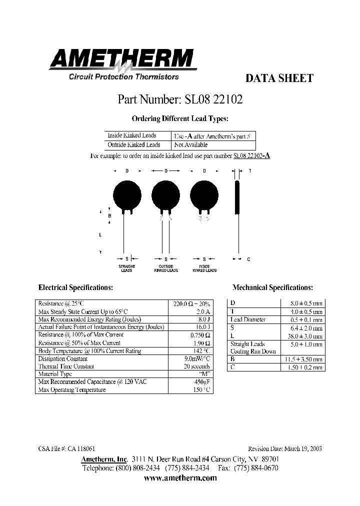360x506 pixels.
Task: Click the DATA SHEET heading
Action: [279, 78]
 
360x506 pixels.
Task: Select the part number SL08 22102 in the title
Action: [180, 99]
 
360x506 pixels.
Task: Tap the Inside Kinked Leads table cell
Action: [131, 135]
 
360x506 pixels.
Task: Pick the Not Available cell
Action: [190, 145]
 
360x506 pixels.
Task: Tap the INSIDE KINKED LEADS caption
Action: [204, 268]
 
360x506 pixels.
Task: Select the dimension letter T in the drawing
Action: [250, 171]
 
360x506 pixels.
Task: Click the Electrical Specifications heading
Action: [75, 288]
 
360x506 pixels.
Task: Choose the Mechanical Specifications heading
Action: [273, 288]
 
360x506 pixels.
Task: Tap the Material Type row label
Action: [55, 374]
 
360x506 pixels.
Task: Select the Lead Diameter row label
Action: [248, 319]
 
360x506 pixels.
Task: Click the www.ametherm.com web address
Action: [180, 478]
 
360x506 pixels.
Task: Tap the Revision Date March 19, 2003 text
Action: [285, 449]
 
